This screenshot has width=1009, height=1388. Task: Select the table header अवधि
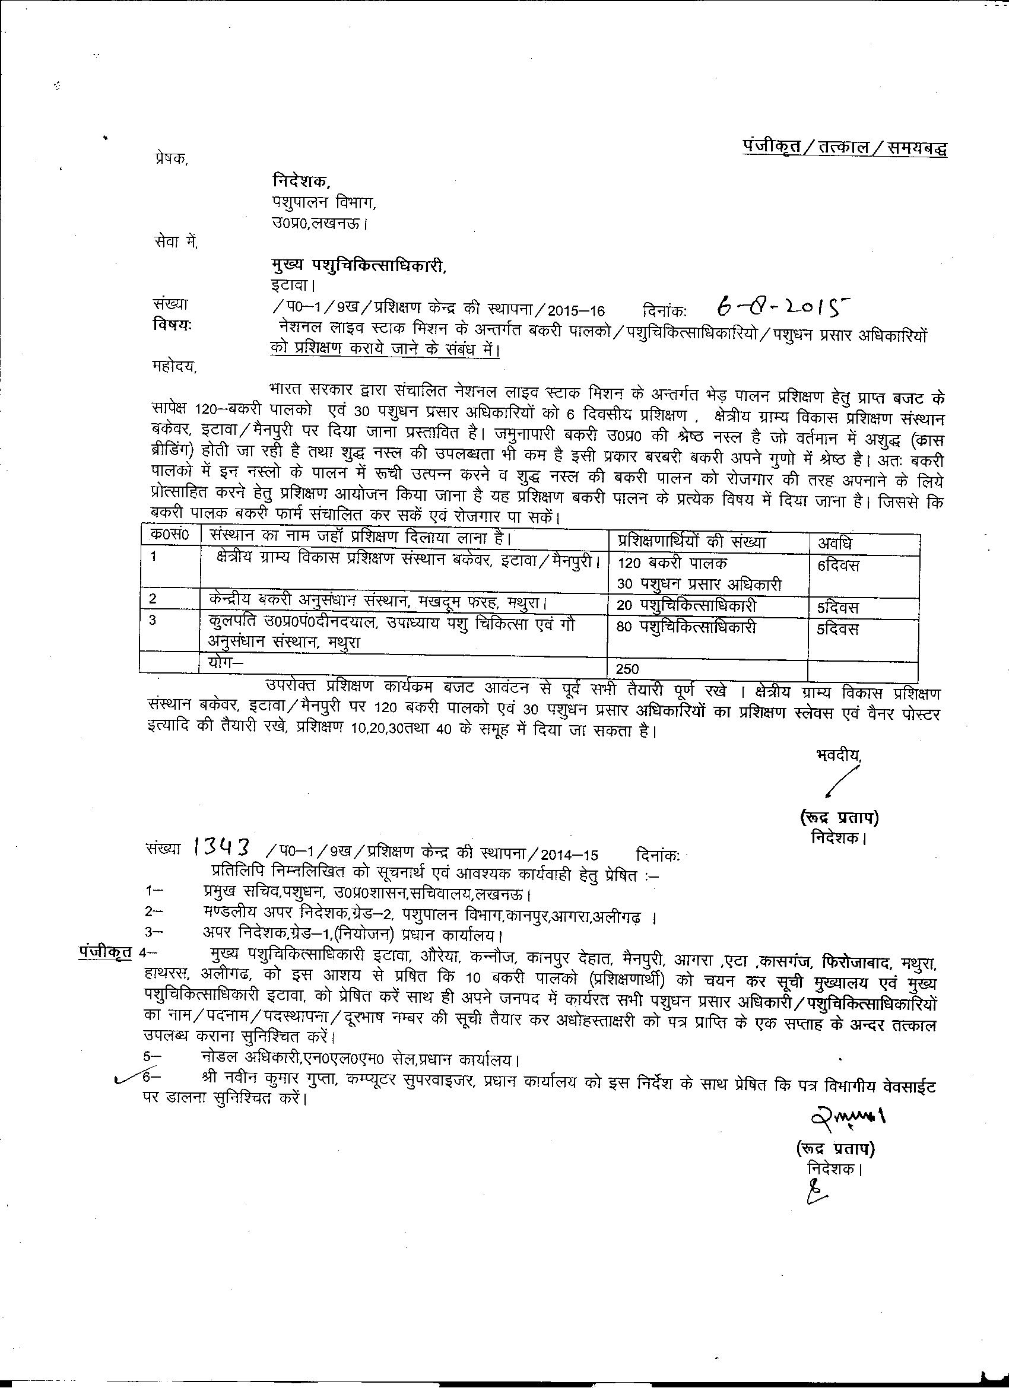[x=835, y=542]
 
